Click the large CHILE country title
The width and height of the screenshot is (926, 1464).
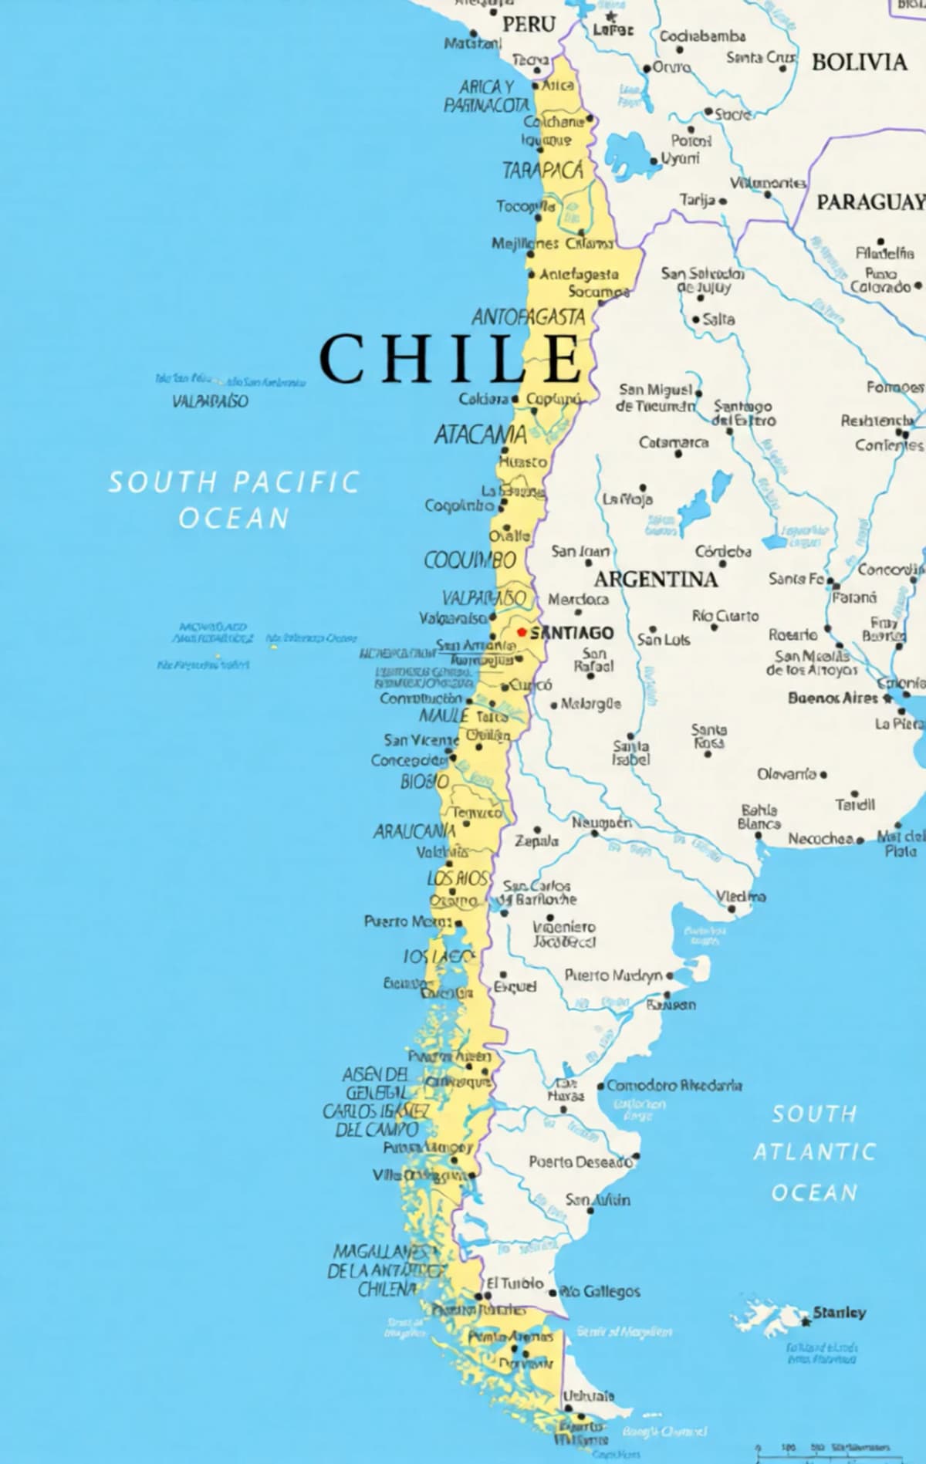click(x=451, y=359)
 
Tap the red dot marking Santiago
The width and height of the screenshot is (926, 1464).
click(x=521, y=632)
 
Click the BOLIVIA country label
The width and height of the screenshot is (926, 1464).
click(x=859, y=62)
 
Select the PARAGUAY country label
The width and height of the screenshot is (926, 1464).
click(x=870, y=202)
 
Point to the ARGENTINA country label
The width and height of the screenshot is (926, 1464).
click(x=655, y=579)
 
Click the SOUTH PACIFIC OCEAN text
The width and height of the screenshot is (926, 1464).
click(x=234, y=499)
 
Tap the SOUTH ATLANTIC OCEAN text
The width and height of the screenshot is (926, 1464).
click(x=814, y=1152)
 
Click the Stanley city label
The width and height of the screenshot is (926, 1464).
click(x=839, y=1313)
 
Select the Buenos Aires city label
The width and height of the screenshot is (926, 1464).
click(x=833, y=698)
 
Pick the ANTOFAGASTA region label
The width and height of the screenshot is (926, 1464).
click(x=529, y=316)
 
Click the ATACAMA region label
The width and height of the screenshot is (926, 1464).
click(x=480, y=435)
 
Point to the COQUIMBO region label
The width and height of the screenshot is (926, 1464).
click(x=470, y=560)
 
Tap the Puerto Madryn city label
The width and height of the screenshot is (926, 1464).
click(x=613, y=975)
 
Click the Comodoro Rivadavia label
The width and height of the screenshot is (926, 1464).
click(x=674, y=1085)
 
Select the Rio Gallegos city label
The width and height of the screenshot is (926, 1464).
click(x=600, y=1291)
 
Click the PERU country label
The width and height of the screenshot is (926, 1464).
click(x=529, y=25)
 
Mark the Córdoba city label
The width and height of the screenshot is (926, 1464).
click(x=723, y=551)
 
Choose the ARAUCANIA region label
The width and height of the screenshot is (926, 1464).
click(x=414, y=831)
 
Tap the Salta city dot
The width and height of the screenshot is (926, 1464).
click(x=696, y=320)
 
